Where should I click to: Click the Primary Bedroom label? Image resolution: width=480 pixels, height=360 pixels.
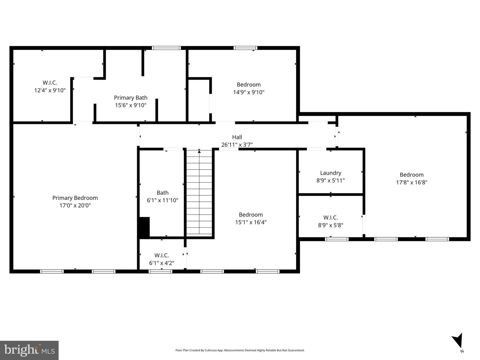click(75, 198)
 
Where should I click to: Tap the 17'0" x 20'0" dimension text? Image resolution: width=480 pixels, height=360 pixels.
click(75, 206)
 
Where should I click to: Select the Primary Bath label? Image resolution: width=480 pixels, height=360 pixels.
click(131, 98)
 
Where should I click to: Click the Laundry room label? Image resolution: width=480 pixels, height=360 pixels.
click(330, 173)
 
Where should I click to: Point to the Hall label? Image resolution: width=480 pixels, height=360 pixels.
click(237, 137)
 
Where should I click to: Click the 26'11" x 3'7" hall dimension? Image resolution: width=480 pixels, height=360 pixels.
click(237, 145)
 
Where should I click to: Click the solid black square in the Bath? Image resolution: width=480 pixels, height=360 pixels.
click(144, 227)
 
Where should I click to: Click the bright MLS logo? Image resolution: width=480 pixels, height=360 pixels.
click(29, 350)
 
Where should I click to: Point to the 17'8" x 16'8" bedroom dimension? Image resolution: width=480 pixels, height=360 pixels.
click(412, 182)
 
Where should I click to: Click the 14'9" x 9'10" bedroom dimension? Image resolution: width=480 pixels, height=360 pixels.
click(249, 92)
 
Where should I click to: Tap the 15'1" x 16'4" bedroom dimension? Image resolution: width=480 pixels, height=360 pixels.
click(251, 222)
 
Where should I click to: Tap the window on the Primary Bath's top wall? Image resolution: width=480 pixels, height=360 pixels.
click(166, 48)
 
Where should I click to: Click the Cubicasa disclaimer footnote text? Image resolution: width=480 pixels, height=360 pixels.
click(240, 350)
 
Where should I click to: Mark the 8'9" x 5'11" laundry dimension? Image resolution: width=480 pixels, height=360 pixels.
click(330, 181)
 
